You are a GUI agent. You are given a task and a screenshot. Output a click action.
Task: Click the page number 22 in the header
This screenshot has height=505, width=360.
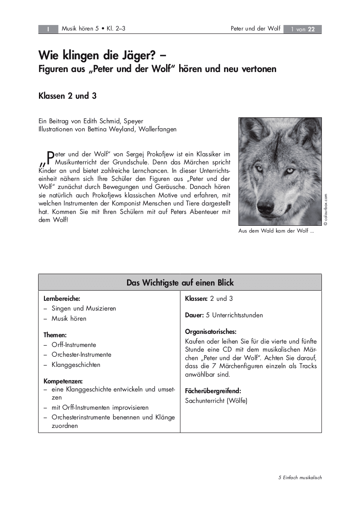point(311,29)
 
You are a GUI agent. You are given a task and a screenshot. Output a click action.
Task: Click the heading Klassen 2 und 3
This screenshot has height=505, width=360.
point(67,96)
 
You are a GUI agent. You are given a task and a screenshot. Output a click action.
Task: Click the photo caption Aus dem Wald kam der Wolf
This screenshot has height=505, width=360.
point(276,231)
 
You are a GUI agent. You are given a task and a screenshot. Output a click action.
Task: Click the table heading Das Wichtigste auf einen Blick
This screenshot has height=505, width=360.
point(180,283)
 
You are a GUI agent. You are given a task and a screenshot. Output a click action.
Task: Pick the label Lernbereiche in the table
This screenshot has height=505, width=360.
point(62,299)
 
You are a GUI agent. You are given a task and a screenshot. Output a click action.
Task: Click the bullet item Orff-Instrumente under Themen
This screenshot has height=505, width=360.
point(74,345)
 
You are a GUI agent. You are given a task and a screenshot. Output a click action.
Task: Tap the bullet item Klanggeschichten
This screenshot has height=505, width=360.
point(76,365)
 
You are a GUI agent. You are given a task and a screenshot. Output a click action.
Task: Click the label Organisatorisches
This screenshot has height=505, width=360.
point(210,331)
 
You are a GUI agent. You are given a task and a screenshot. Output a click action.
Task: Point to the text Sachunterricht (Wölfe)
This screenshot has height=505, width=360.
point(216,400)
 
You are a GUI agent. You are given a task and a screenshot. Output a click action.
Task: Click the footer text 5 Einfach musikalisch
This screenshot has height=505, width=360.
point(300,477)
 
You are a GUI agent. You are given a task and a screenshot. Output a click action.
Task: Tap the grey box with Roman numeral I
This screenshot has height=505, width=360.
point(48,29)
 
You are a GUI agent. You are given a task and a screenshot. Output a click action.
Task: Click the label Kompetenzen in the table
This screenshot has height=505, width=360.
point(63,381)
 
